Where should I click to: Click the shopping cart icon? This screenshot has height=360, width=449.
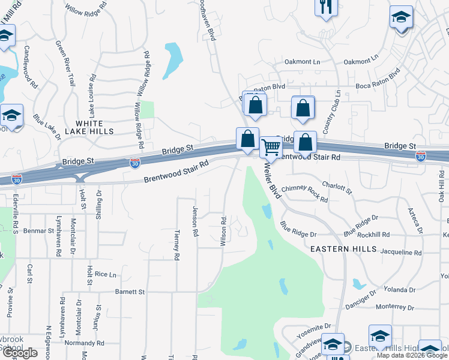pos(271,146)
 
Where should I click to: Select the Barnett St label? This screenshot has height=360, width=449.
pos(130,292)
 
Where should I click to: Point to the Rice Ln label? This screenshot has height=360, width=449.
pos(105,274)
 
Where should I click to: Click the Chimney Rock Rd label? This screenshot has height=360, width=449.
pos(304,193)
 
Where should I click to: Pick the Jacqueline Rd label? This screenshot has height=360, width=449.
pos(401,253)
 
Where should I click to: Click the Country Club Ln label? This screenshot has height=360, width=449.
pos(332,112)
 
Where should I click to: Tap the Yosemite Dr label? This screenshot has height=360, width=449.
pos(318,326)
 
